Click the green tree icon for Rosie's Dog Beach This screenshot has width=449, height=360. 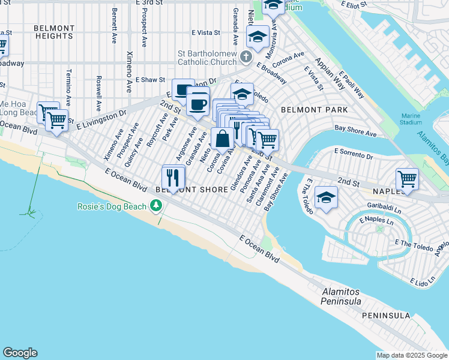157,206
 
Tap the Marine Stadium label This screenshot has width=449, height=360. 411,118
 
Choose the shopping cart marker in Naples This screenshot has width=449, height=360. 407,179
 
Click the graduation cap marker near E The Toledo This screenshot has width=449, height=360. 325,197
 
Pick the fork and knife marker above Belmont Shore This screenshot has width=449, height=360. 173,177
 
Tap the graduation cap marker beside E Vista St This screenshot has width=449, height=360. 258,37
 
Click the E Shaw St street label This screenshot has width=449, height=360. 150,79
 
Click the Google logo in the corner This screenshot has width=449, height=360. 20,353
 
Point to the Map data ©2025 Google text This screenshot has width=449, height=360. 412,356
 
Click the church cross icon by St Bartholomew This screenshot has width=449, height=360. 246,57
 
